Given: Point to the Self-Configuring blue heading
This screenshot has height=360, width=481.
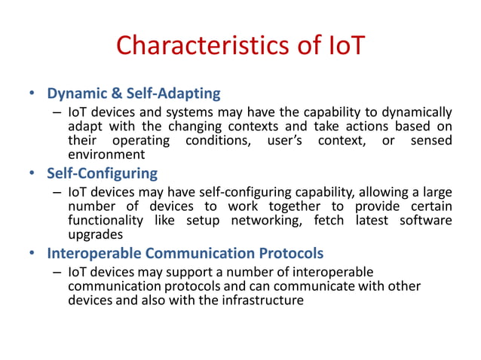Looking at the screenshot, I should click(102, 173).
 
